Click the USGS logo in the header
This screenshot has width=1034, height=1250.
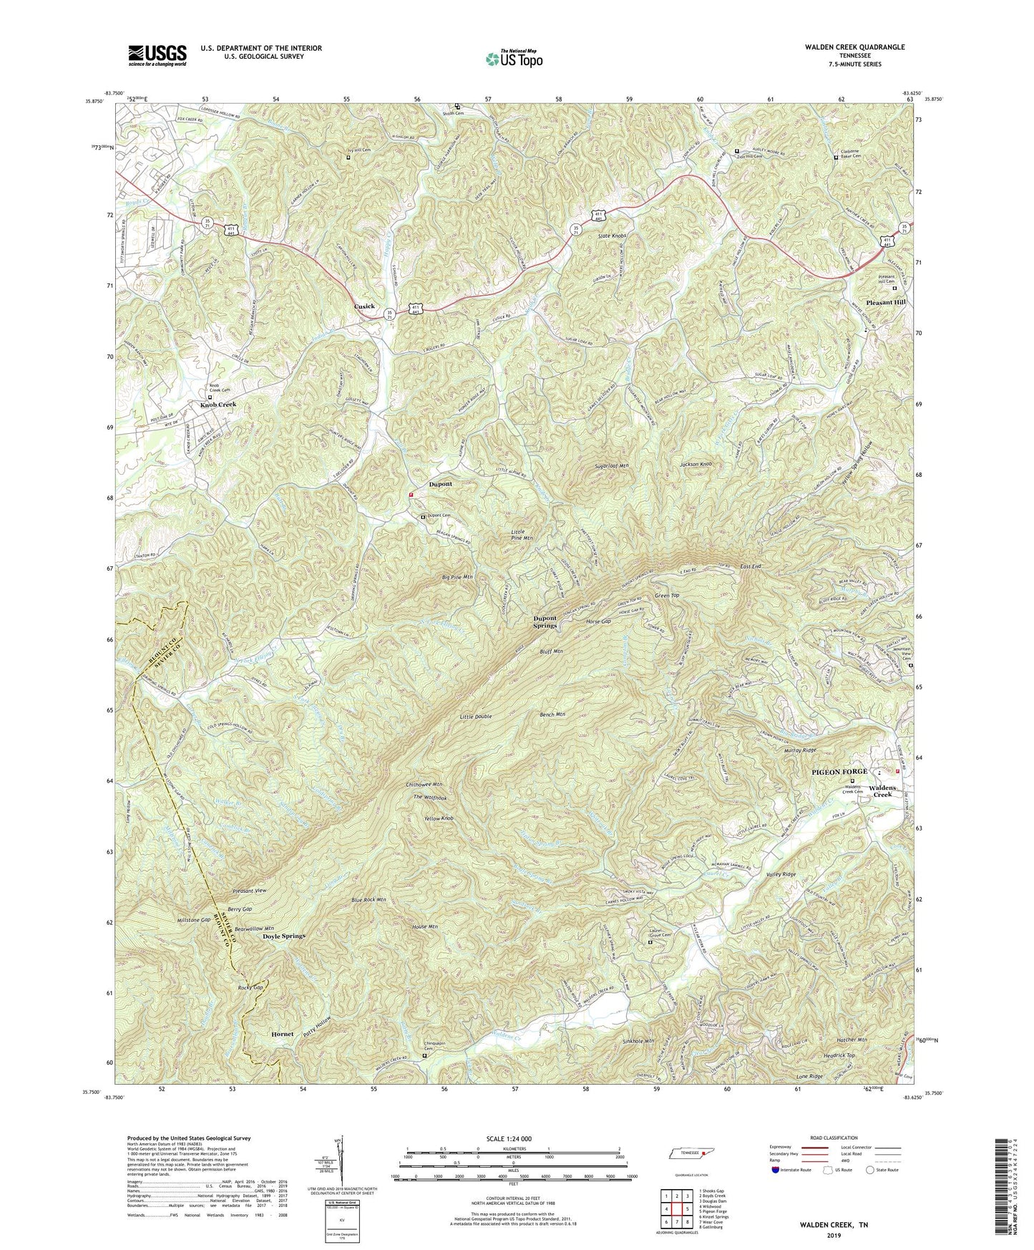pyautogui.click(x=157, y=54)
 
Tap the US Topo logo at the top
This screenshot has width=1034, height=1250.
pyautogui.click(x=512, y=59)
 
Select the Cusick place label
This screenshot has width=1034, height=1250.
pyautogui.click(x=364, y=306)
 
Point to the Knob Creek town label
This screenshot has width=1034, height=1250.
pyautogui.click(x=218, y=404)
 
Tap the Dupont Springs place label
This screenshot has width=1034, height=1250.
pyautogui.click(x=545, y=621)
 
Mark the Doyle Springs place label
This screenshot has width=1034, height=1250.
pyautogui.click(x=283, y=936)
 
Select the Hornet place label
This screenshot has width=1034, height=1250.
pyautogui.click(x=282, y=1035)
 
